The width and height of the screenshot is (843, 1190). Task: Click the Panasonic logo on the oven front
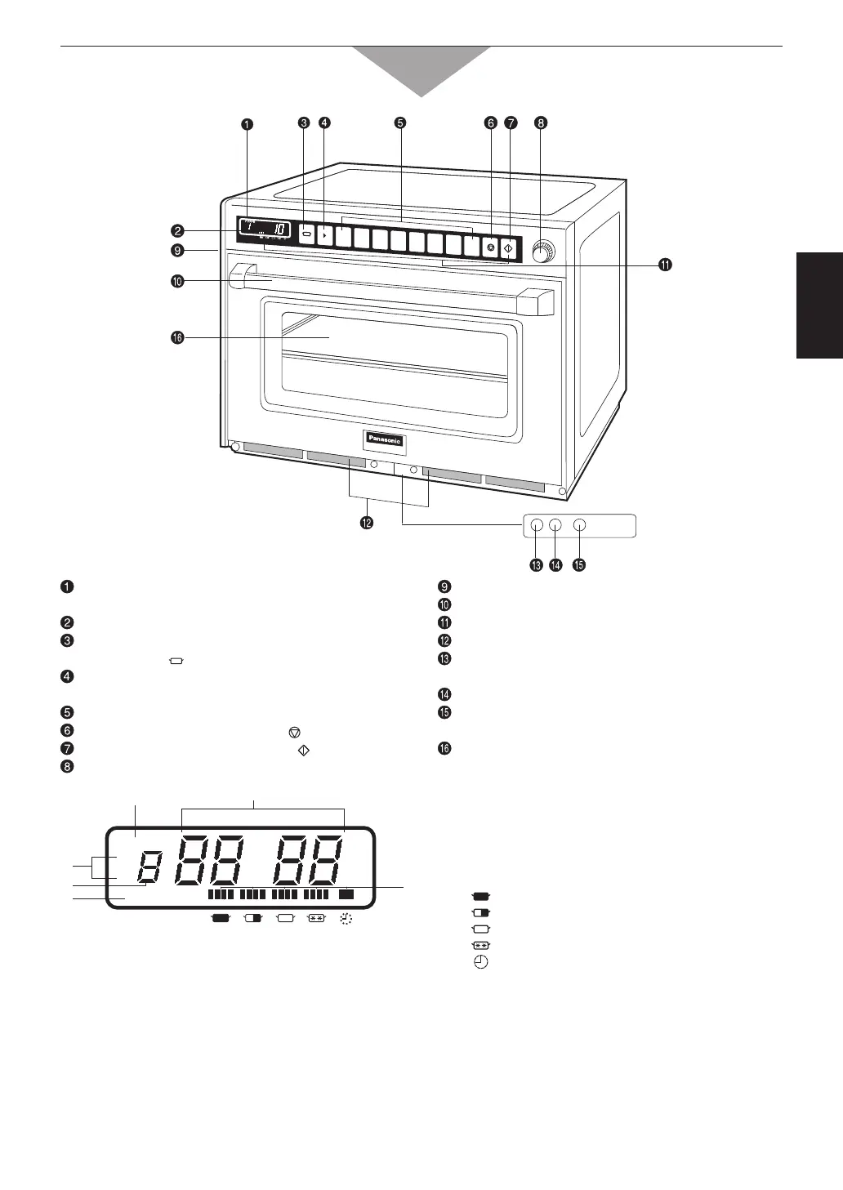(x=385, y=439)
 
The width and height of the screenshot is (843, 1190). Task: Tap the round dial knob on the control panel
(x=541, y=253)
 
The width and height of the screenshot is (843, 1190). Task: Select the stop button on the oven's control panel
(x=490, y=247)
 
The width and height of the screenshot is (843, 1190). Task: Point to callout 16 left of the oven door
(x=177, y=338)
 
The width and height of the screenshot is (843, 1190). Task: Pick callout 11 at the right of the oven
(x=666, y=265)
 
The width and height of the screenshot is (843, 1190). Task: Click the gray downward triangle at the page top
(x=421, y=69)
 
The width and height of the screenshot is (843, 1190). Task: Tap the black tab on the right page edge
(x=819, y=305)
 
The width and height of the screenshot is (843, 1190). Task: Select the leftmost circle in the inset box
(x=536, y=525)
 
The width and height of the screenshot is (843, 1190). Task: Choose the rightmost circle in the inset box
(x=580, y=525)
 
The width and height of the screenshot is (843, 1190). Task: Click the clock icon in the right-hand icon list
(x=481, y=963)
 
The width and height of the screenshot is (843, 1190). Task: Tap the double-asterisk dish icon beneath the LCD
(x=316, y=918)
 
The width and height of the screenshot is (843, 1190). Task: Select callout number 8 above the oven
(x=541, y=124)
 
